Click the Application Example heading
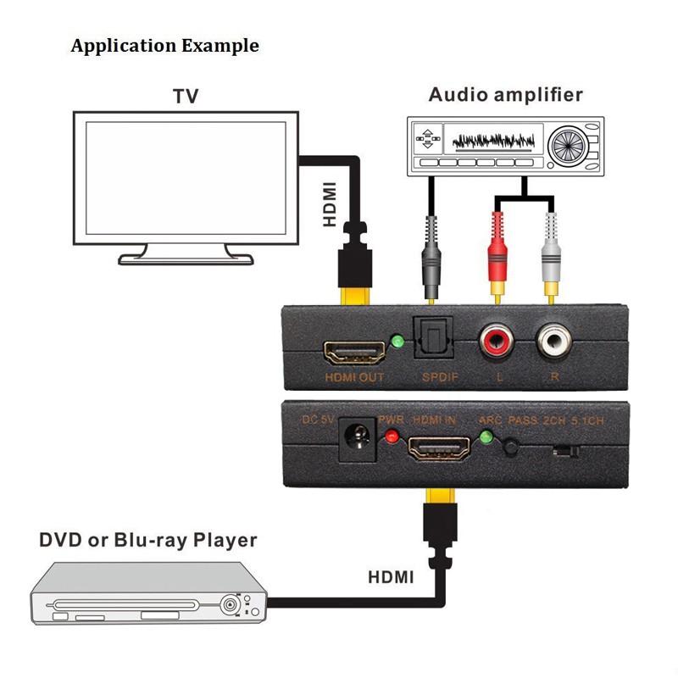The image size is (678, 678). tap(165, 45)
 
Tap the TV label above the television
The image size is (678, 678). tap(186, 96)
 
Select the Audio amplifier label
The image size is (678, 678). tap(506, 94)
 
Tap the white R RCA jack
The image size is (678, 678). tap(556, 342)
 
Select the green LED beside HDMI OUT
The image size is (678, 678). tap(397, 342)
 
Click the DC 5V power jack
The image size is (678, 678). tap(357, 442)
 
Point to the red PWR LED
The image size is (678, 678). tap(391, 437)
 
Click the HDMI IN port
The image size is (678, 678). tap(439, 447)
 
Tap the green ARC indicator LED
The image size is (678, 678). tap(486, 438)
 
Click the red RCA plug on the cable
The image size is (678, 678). tap(497, 251)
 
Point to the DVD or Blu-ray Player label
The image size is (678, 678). tap(147, 539)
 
